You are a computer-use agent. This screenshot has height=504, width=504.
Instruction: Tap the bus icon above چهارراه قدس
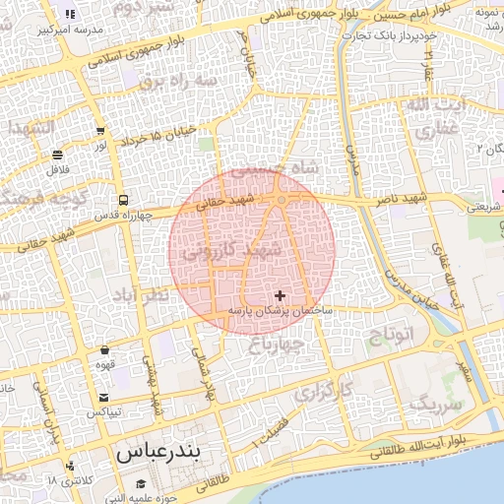[x=121, y=201]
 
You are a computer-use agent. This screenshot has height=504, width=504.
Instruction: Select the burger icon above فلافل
[x=57, y=156]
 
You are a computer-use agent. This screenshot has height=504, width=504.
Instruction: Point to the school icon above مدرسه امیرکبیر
[x=70, y=14]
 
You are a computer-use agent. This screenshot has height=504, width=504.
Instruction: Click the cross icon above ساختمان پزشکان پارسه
[x=281, y=294]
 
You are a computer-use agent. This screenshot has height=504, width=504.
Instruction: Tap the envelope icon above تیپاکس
[x=103, y=398]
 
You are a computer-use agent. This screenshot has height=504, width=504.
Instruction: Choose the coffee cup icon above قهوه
[x=104, y=350]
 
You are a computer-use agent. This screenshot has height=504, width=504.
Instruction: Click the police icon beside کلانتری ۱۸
[x=69, y=467]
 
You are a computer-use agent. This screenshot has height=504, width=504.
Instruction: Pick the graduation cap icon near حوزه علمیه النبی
[x=141, y=483]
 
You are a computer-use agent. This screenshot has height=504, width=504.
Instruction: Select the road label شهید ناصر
[x=401, y=200]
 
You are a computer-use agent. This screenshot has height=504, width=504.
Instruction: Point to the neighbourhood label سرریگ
[x=435, y=404]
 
